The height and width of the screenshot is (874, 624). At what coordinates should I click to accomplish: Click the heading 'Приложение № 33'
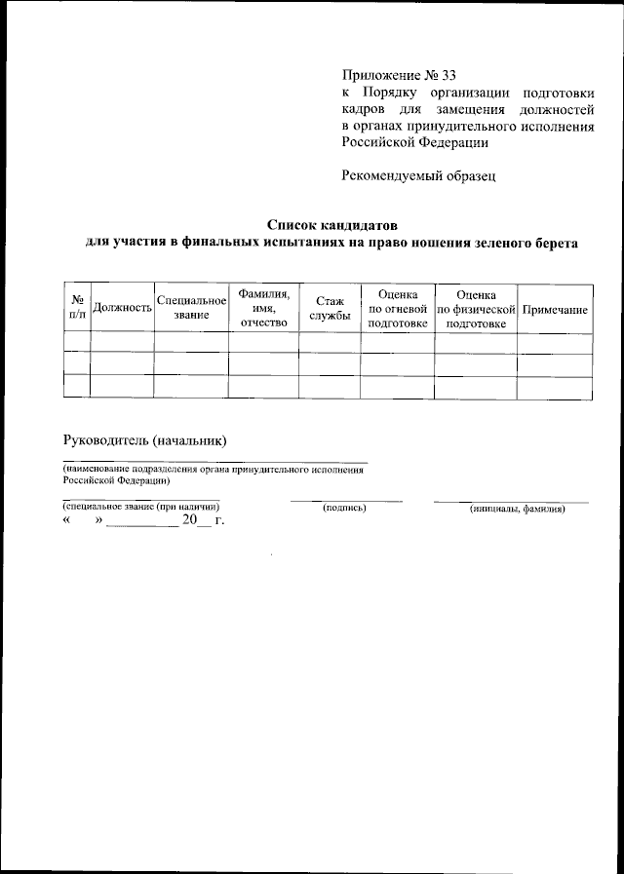(x=399, y=75)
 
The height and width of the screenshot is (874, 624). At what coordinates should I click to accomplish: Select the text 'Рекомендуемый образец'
(x=419, y=175)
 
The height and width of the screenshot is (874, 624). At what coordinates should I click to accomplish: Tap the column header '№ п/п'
(x=76, y=308)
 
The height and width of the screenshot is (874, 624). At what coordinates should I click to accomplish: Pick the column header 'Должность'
(x=122, y=309)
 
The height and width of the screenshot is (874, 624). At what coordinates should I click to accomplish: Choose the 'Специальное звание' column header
(x=191, y=308)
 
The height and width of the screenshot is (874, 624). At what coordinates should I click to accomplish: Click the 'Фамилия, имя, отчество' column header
(x=263, y=308)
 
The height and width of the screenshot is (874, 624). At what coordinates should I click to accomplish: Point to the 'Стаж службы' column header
(x=330, y=308)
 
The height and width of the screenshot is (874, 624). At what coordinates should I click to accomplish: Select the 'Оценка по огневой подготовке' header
(x=398, y=308)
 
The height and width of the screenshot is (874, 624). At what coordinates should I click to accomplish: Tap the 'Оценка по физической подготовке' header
(x=476, y=308)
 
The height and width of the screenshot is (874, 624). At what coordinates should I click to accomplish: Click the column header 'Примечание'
(x=555, y=309)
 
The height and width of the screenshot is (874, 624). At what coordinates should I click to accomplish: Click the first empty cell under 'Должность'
(x=122, y=342)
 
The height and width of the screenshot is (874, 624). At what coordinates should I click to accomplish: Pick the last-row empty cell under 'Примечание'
(x=555, y=386)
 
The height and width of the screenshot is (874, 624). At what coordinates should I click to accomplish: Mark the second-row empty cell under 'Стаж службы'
(x=330, y=364)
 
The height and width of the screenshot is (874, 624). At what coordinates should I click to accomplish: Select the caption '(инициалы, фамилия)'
(x=517, y=509)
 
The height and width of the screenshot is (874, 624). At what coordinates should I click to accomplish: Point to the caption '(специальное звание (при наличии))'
(x=141, y=508)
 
